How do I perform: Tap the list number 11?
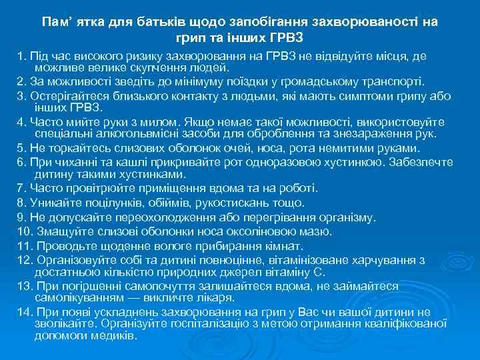point(25,245)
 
